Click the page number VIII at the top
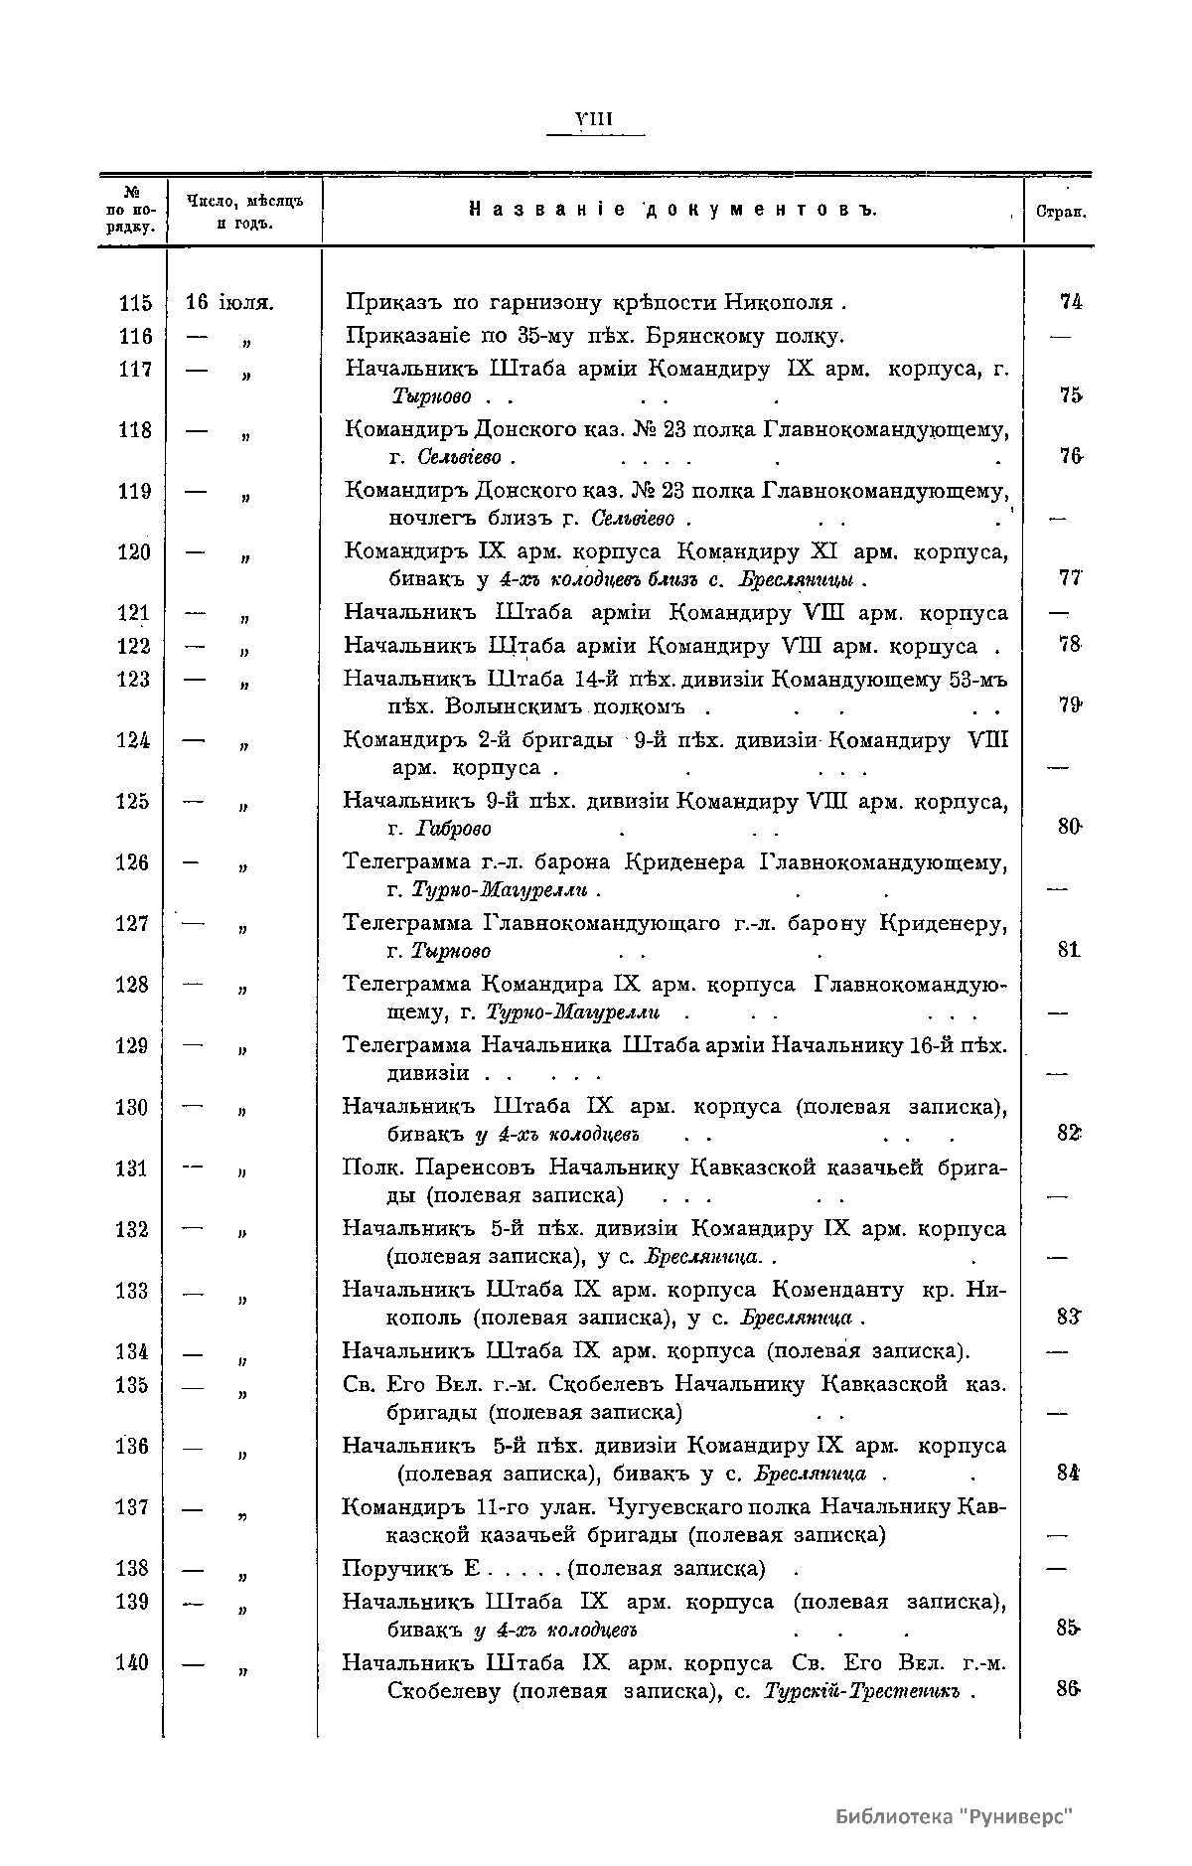click(596, 120)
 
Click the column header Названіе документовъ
click(672, 211)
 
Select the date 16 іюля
click(230, 302)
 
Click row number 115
click(134, 303)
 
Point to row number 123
click(134, 680)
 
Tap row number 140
click(132, 1663)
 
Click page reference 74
click(1070, 302)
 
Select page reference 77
click(1070, 579)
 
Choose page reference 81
click(1068, 950)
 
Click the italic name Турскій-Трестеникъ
click(861, 1692)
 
